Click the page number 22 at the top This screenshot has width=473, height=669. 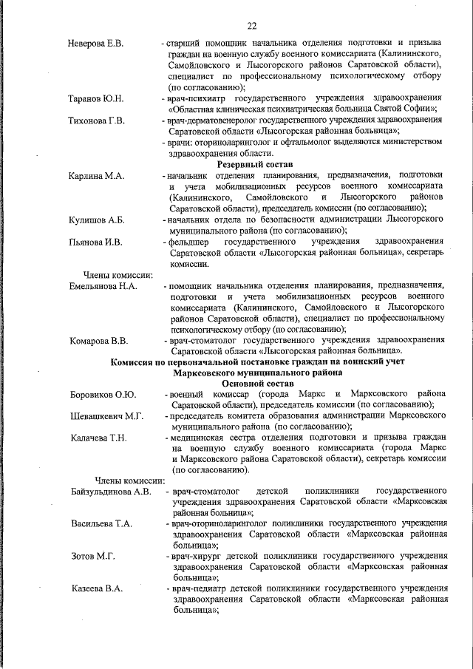(x=252, y=27)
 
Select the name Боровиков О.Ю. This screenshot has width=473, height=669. (x=103, y=395)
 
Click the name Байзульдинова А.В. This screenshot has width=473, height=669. (x=112, y=491)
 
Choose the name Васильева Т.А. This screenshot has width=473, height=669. (x=102, y=523)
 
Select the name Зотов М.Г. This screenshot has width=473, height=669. (x=91, y=556)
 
